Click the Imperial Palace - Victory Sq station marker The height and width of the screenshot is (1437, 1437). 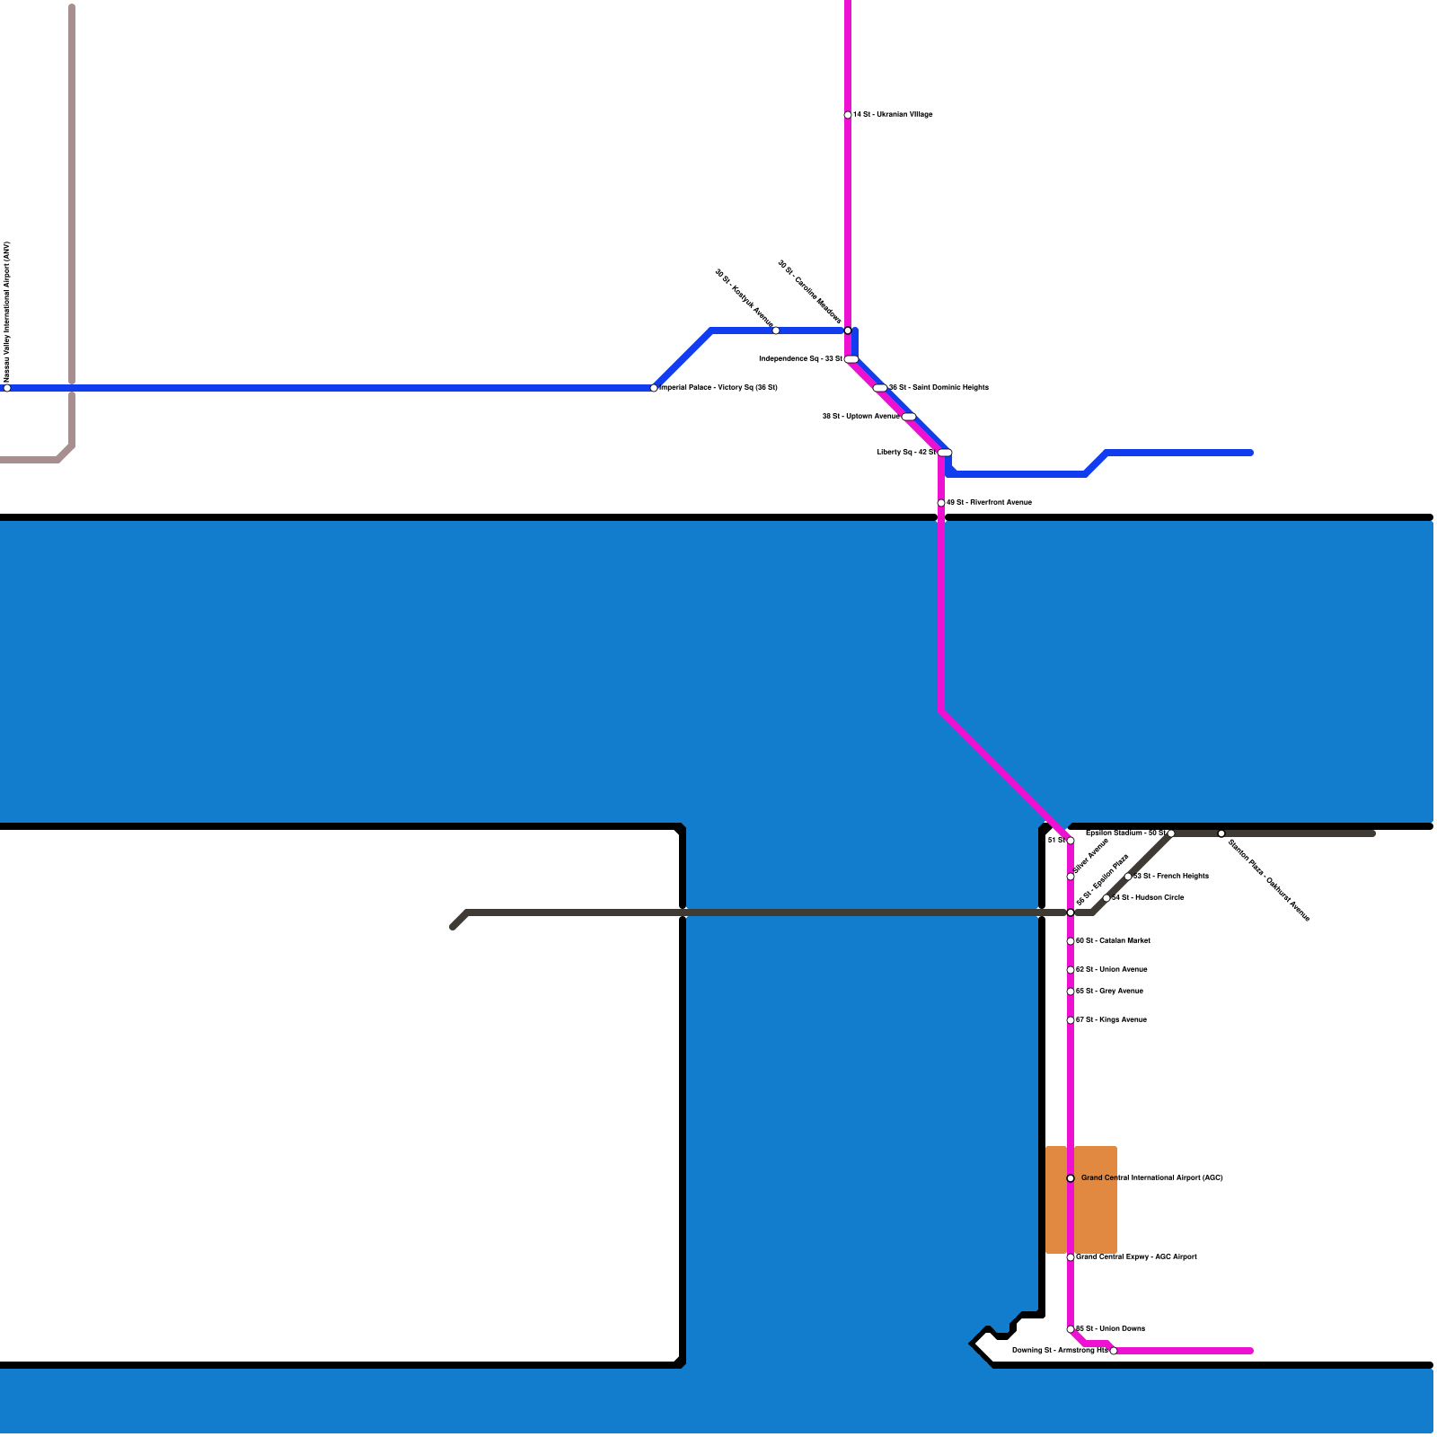654,388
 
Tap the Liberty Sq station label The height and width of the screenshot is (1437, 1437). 906,453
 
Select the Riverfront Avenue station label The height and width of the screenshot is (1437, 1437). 989,503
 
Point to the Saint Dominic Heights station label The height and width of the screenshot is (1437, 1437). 939,388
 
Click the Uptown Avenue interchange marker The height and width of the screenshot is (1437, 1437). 909,417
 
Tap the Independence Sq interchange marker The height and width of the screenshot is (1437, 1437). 851,359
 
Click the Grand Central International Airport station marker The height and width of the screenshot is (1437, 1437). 1071,1178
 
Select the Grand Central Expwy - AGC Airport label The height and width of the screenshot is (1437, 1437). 1136,1257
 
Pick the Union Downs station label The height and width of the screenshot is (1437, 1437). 1110,1329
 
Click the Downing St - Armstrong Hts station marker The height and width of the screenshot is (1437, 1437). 1114,1351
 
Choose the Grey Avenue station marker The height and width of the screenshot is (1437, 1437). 1071,992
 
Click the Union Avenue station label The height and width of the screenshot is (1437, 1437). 1112,970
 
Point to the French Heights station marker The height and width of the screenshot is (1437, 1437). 1128,877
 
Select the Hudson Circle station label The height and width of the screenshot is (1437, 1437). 1148,898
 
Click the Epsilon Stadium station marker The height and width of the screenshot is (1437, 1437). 1171,833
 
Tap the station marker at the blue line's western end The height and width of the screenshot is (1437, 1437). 7,388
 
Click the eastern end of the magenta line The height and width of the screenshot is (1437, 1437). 1251,1351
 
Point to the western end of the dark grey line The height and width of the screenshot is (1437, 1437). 453,927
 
